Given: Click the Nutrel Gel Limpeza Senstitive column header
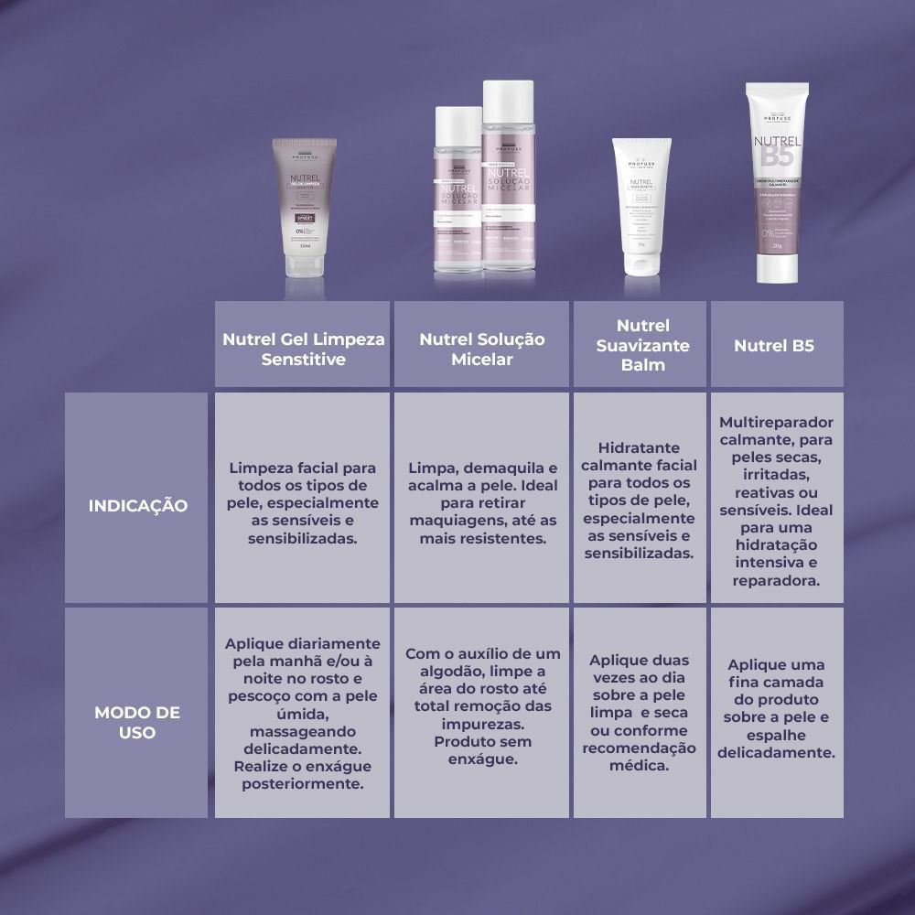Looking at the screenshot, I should click(x=303, y=349).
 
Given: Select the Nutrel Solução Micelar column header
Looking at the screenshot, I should click(x=482, y=349).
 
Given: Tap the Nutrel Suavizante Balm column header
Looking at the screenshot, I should click(x=641, y=345).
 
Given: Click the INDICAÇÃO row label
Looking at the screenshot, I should click(x=138, y=505).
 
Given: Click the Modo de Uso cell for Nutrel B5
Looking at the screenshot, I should click(x=777, y=709).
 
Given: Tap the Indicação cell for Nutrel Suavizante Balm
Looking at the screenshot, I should click(x=640, y=500).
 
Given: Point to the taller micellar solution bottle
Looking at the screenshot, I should click(x=508, y=178).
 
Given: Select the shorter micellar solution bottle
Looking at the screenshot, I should click(x=458, y=192).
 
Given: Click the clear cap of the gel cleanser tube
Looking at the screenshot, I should click(x=304, y=265).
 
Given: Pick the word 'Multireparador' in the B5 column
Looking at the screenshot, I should click(x=776, y=423).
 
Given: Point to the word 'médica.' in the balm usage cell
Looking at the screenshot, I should click(x=640, y=766).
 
